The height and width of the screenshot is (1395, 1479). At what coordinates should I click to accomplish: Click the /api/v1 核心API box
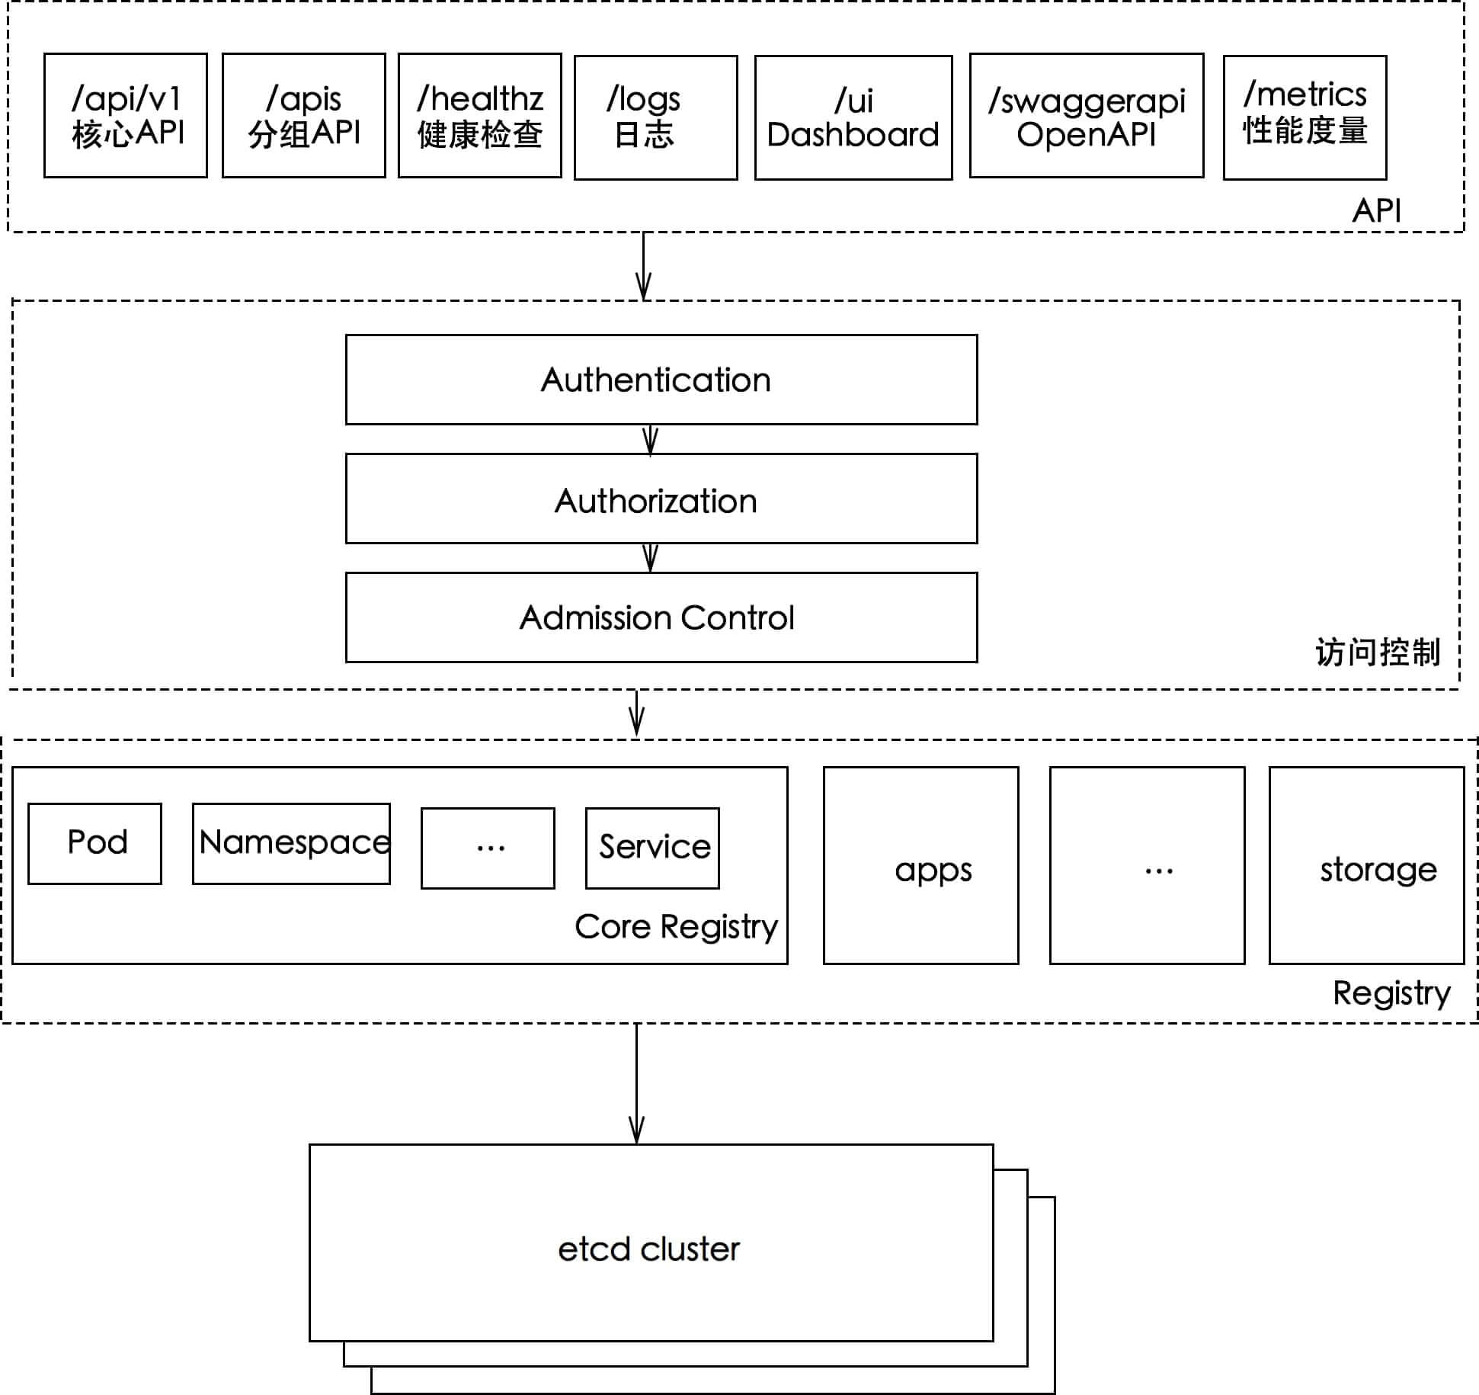(x=126, y=115)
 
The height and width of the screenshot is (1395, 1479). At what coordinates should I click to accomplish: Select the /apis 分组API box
(x=304, y=115)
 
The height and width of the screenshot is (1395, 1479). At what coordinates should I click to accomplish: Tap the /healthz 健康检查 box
(x=480, y=115)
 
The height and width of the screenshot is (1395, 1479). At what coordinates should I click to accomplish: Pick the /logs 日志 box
(x=656, y=117)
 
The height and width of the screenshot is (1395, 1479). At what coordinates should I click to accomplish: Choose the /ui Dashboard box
(x=853, y=117)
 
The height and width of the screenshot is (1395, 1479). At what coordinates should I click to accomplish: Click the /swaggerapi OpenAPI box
(x=1087, y=115)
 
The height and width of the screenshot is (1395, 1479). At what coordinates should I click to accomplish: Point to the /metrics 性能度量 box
(x=1305, y=117)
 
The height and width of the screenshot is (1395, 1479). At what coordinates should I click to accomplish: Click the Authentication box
(x=661, y=380)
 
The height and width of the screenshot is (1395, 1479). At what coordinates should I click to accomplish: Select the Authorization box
(x=661, y=499)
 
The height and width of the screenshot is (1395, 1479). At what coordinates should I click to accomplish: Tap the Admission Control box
(x=661, y=617)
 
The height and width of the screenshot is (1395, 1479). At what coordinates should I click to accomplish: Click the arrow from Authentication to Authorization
(x=650, y=440)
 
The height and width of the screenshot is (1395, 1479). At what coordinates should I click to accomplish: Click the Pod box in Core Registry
(x=94, y=844)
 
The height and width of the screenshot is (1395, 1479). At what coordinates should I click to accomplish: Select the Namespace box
(x=291, y=844)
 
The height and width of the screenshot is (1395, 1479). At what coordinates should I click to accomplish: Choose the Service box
(x=652, y=848)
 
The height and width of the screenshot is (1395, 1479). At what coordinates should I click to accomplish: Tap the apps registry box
(x=921, y=865)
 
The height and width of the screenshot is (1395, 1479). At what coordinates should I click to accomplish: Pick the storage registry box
(x=1367, y=865)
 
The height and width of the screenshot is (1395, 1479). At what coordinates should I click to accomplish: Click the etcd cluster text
(x=649, y=1249)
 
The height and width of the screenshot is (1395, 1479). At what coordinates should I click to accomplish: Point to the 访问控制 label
(x=1378, y=653)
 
